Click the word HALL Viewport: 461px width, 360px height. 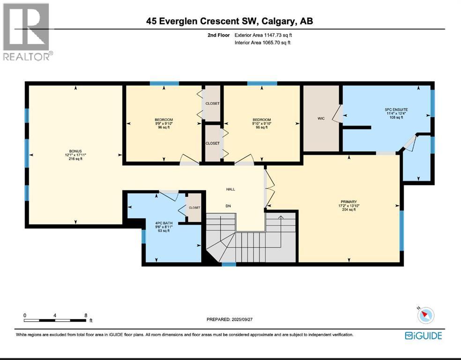pos(230,189)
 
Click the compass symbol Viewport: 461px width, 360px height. pos(426,315)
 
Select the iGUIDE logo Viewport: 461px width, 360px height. pos(424,335)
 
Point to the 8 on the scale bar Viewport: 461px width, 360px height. pos(86,315)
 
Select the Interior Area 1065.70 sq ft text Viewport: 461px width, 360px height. pos(262,43)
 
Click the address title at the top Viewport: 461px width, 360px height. pos(230,21)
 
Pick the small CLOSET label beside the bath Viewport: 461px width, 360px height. pos(194,208)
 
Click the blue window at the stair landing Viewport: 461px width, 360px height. pos(229,264)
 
